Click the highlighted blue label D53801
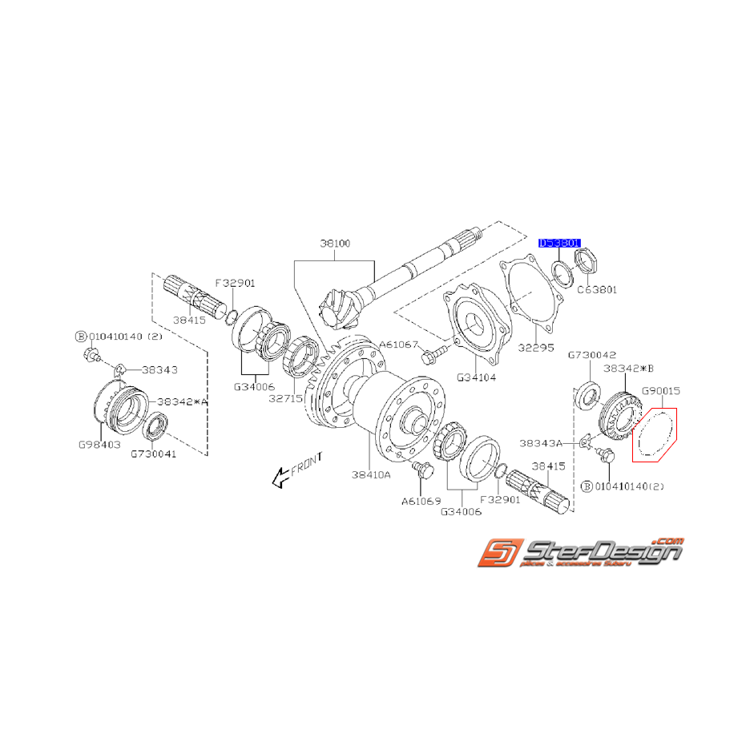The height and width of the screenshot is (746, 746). [560, 243]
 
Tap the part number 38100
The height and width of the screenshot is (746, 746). [334, 243]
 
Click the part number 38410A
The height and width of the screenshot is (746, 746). [371, 474]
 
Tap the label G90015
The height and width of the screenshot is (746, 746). [660, 390]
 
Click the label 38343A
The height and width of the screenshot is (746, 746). [546, 442]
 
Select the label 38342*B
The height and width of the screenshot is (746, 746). [630, 369]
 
